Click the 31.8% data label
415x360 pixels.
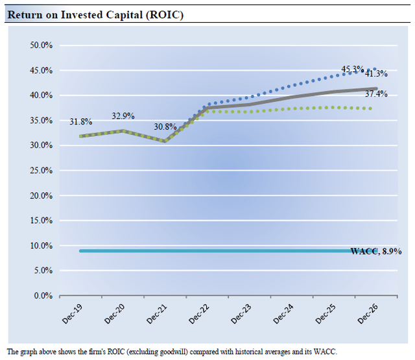tap(80, 122)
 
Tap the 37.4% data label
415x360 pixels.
tap(377, 95)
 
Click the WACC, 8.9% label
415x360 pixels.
tap(375, 251)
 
